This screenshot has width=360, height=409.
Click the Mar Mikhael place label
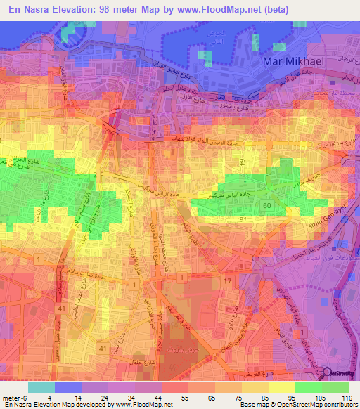click(x=292, y=61)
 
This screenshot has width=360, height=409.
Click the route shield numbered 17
click(x=227, y=282)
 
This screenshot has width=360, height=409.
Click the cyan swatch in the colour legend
click(x=41, y=387)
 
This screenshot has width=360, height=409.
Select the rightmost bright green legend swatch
click(x=335, y=387)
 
